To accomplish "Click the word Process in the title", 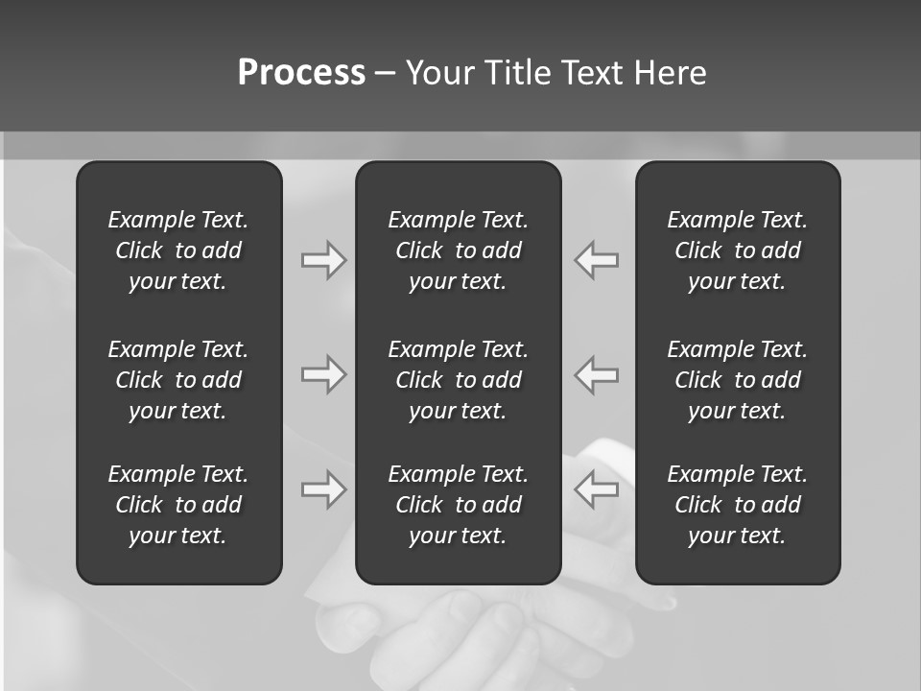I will coord(301,73).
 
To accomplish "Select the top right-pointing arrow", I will coord(323,260).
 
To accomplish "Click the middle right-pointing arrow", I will coord(323,374).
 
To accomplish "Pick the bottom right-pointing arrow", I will coord(323,489).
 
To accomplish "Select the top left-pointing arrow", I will coord(597,260).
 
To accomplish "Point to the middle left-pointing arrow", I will coord(597,374).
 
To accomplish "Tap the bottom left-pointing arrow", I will coord(597,489).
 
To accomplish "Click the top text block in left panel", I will coord(178,250).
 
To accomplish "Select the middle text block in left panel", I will coord(178,380).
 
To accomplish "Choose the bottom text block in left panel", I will coord(178,505).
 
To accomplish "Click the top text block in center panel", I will coord(458,250).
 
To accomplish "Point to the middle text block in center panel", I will coord(458,380).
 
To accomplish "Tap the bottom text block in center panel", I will coord(458,505).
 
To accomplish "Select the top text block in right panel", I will coord(737,250).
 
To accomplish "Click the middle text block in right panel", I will coord(737,380).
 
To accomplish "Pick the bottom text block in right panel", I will coord(737,505).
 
